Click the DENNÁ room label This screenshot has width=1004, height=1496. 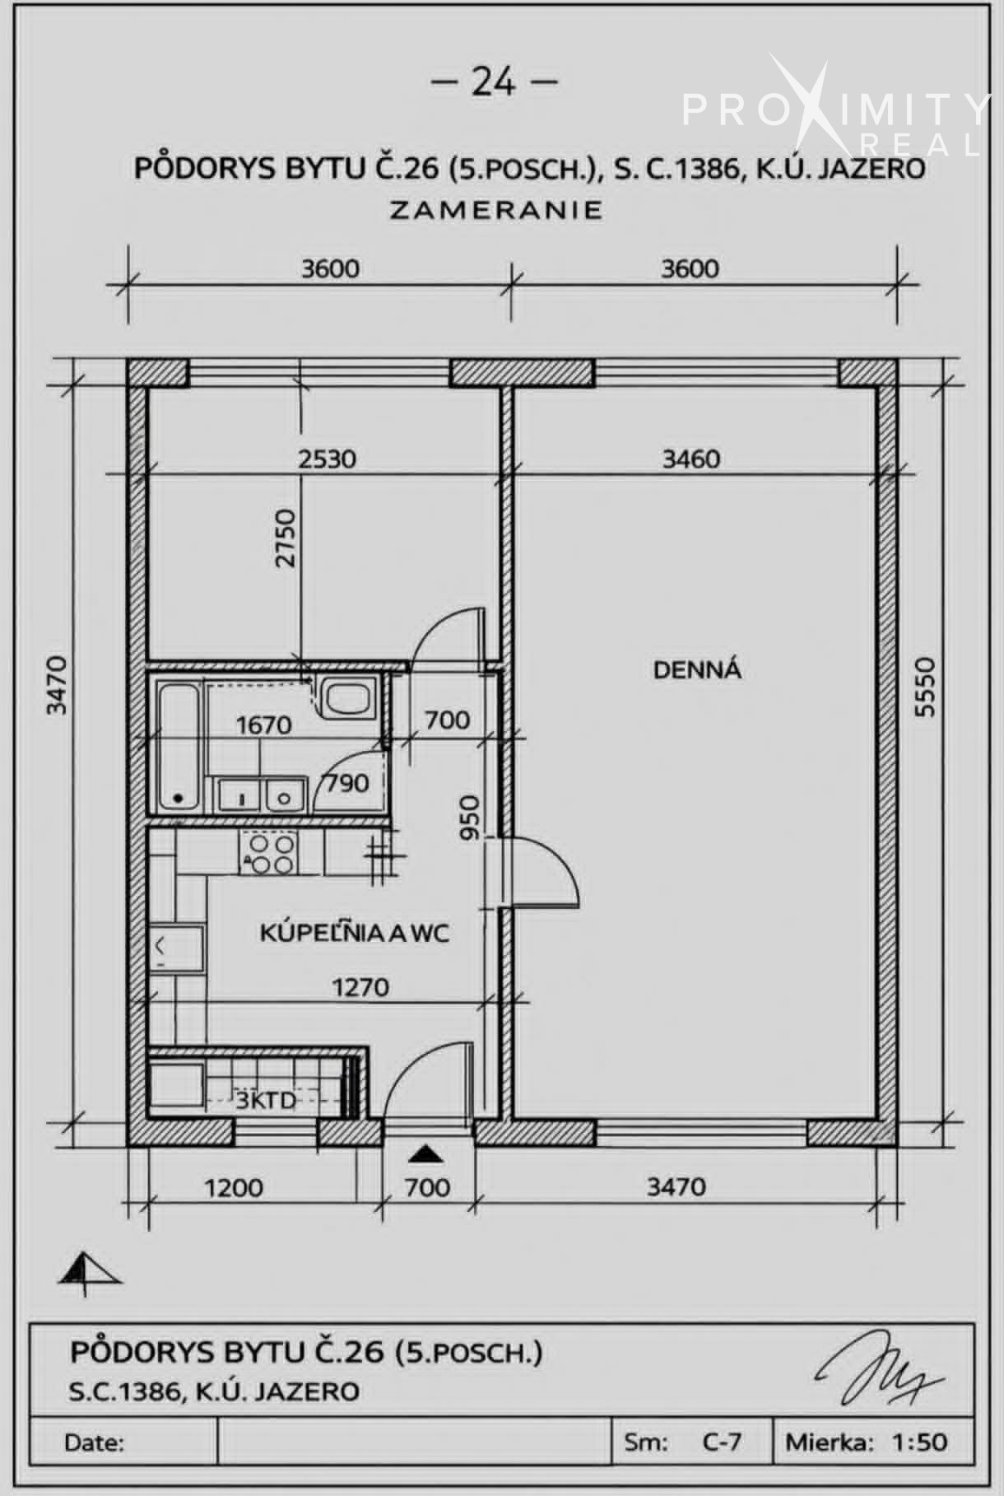coord(697,669)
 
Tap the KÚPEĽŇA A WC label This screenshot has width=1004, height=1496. coord(355,933)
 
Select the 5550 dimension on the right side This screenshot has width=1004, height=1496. coord(926,686)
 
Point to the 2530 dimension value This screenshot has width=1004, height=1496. coord(328,458)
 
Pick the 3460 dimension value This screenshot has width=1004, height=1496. coord(691,459)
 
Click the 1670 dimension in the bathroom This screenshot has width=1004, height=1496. coord(263,725)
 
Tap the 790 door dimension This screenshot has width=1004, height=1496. coord(347,782)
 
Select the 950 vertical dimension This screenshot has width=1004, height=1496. coord(469,817)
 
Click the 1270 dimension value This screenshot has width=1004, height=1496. coord(360,986)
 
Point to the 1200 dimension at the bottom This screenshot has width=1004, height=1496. coord(234,1187)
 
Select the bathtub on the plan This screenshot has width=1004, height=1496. coord(179,744)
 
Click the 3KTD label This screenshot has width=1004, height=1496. coord(265,1100)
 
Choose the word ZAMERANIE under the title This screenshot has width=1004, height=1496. coord(495,209)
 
